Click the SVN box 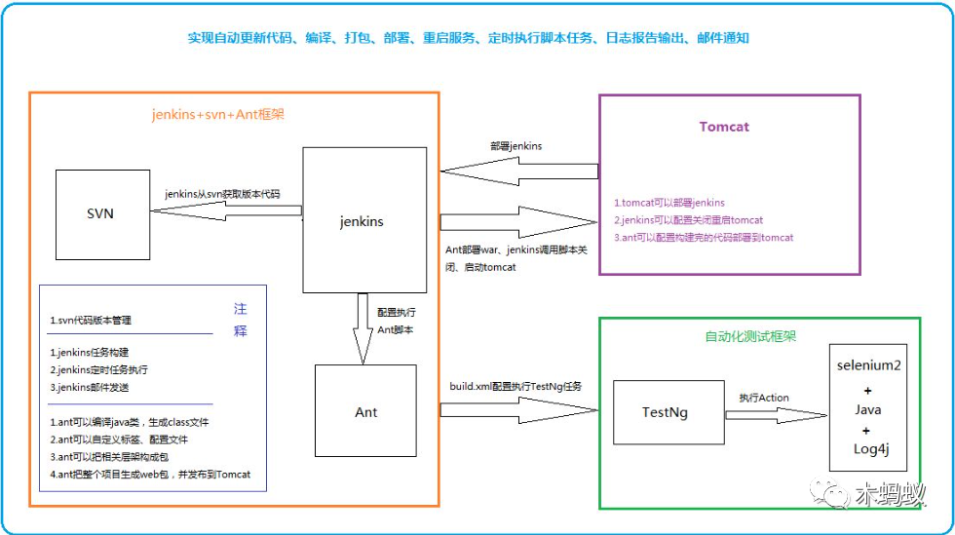pos(100,212)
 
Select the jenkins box pos(363,220)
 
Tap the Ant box pos(365,411)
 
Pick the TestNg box pos(666,412)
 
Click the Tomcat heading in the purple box pos(724,127)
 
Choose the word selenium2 pos(867,364)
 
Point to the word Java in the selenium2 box pos(867,410)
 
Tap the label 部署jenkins pos(516,146)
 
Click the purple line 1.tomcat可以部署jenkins pos(669,203)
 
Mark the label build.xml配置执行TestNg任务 pos(516,387)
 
